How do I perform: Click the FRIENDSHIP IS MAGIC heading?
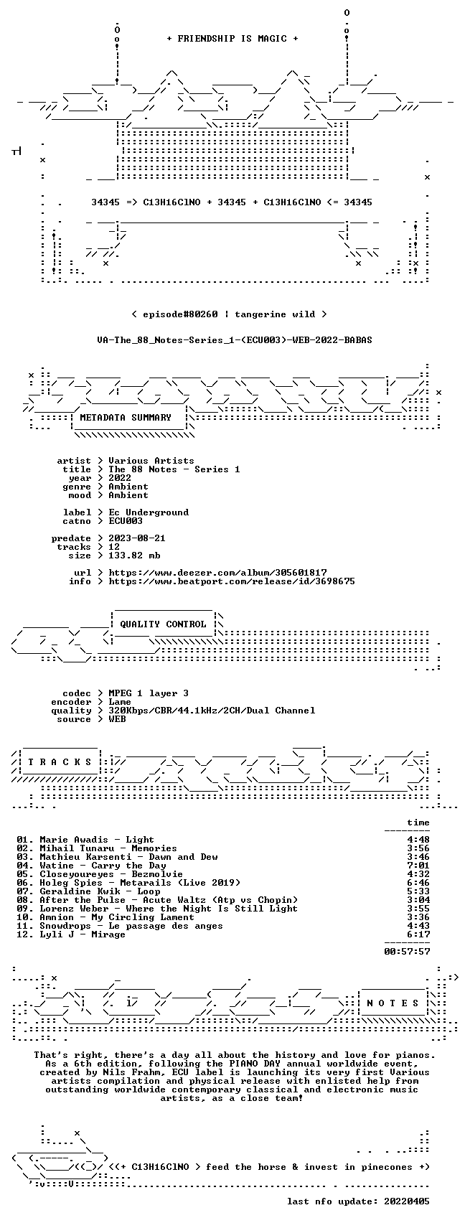[232, 39]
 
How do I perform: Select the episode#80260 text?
[180, 314]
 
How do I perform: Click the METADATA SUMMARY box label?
[126, 418]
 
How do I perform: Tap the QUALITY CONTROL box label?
[163, 624]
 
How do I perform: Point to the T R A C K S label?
[60, 762]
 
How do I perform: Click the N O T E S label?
[393, 1003]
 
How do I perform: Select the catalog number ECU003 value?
[126, 521]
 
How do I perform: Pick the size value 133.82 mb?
[134, 556]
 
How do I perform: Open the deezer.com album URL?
[217, 573]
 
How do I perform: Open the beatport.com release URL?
[231, 581]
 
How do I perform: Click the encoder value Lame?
[120, 702]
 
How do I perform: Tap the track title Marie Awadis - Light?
[97, 840]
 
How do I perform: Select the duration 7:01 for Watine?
[418, 866]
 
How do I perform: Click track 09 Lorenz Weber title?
[168, 909]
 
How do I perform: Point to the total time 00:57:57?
[407, 952]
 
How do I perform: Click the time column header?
[418, 823]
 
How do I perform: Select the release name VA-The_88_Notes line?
[235, 340]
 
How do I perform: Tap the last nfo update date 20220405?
[407, 1201]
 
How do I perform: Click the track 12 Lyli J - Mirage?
[83, 934]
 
